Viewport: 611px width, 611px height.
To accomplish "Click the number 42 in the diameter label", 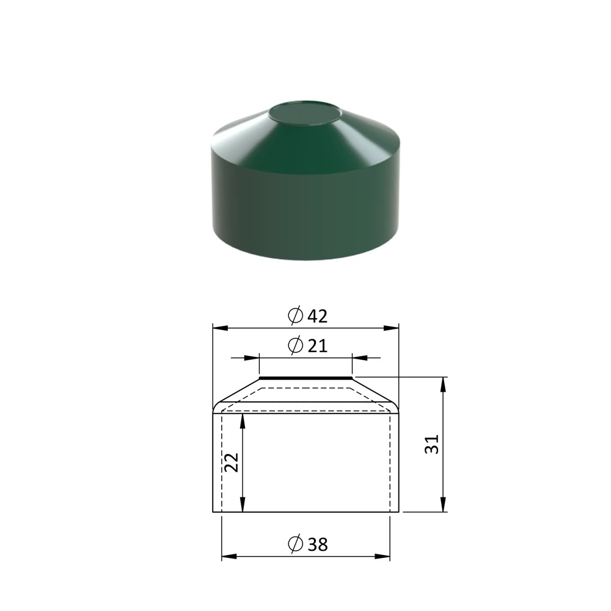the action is tap(318, 316).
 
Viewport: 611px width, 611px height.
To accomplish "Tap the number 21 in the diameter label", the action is tap(318, 346).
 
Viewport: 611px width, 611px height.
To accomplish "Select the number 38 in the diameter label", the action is tap(318, 544).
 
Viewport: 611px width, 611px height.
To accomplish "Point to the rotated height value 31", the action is tap(432, 444).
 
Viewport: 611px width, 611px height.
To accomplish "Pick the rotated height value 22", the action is tap(232, 463).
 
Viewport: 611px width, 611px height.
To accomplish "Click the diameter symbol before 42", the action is tap(295, 316).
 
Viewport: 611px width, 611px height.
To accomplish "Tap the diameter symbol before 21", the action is tap(295, 345).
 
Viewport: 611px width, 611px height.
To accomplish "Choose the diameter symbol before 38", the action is tap(295, 544).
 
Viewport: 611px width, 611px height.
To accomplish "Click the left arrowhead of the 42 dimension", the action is tap(220, 328).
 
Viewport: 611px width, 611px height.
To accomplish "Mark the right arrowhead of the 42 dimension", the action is tap(391, 328).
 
